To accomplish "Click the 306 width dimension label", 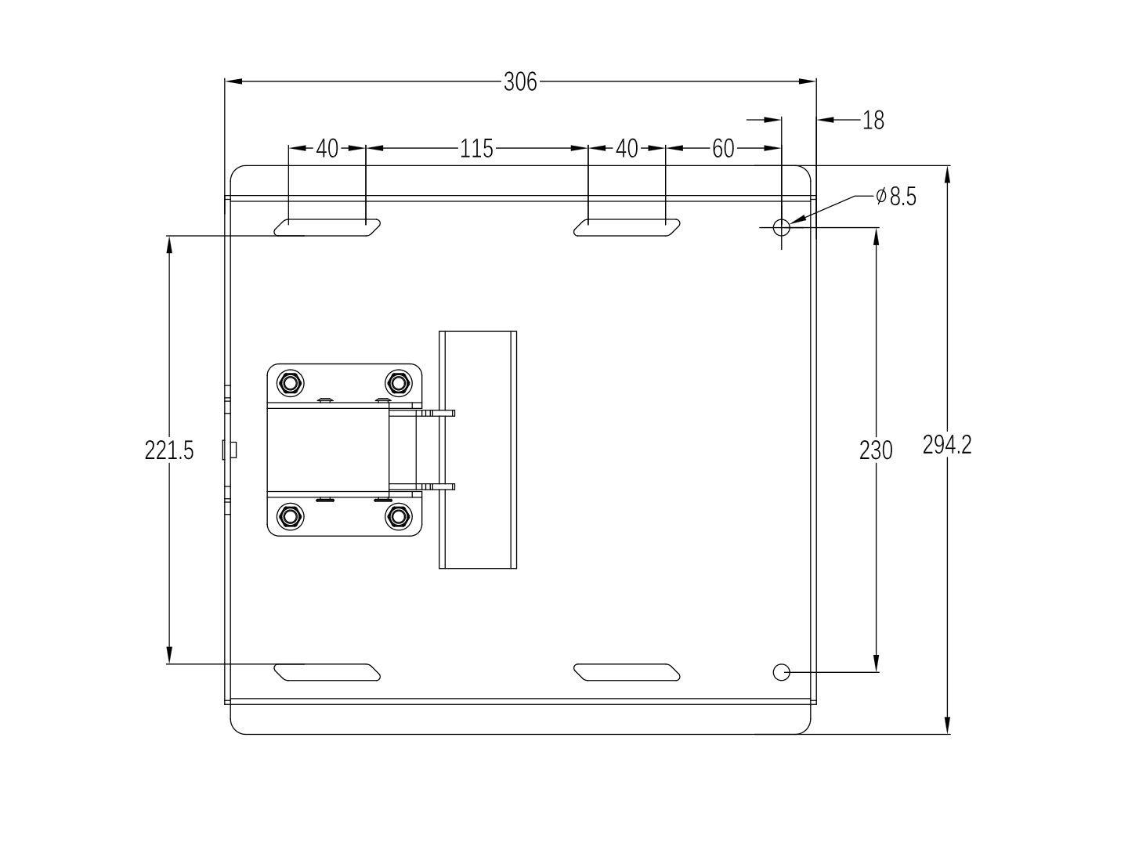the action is [520, 82].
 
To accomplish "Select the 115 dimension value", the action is [476, 149].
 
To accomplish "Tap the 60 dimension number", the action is [723, 149].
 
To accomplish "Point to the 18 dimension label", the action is [873, 121].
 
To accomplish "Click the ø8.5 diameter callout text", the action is [895, 197].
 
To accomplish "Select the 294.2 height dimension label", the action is [947, 445].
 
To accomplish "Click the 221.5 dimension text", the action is [169, 451].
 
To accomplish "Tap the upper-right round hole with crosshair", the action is [781, 227].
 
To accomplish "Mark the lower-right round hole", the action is [781, 672].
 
